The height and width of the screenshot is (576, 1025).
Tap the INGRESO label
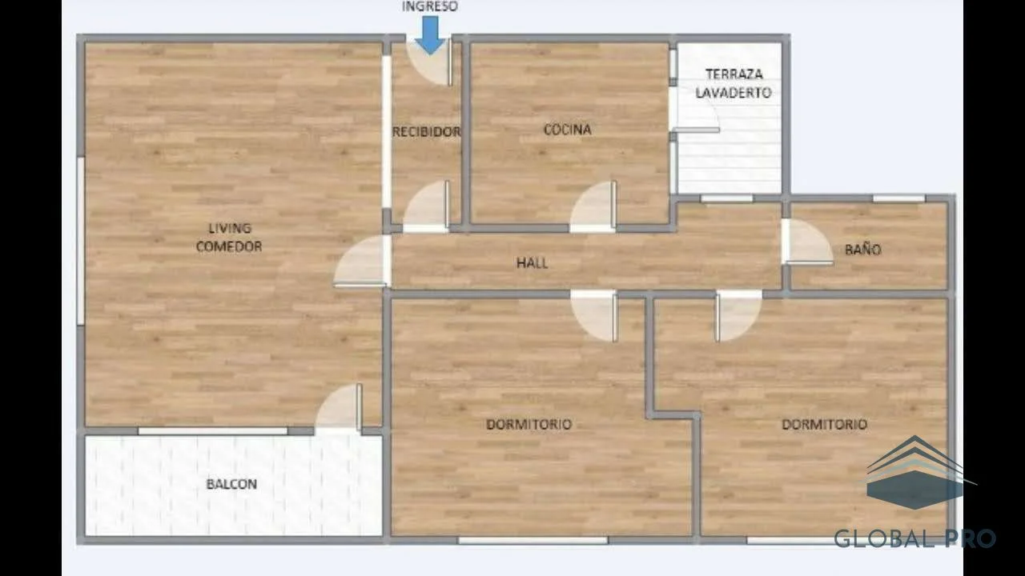pyautogui.click(x=430, y=6)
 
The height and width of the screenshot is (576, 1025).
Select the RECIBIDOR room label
pyautogui.click(x=427, y=132)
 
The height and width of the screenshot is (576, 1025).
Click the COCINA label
pyautogui.click(x=568, y=130)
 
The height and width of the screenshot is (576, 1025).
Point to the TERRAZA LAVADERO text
pyautogui.click(x=734, y=83)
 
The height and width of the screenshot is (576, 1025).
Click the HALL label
pyautogui.click(x=533, y=263)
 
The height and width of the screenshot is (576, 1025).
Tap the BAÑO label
pyautogui.click(x=862, y=249)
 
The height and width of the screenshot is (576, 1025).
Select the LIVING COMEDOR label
pyautogui.click(x=229, y=238)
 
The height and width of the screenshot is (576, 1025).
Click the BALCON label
pyautogui.click(x=231, y=484)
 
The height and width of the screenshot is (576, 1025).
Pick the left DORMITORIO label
pyautogui.click(x=529, y=424)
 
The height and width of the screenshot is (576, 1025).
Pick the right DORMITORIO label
pyautogui.click(x=825, y=424)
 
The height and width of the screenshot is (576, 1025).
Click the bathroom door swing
pyautogui.click(x=808, y=242)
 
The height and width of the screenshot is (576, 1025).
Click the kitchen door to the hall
pyautogui.click(x=593, y=206)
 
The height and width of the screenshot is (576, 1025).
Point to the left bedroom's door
pyautogui.click(x=594, y=316)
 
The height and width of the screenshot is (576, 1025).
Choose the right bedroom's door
pyautogui.click(x=739, y=316)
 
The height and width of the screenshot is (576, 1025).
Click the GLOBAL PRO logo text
pyautogui.click(x=914, y=538)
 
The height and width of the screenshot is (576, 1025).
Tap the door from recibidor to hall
pyautogui.click(x=426, y=206)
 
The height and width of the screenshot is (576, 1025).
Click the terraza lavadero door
pyautogui.click(x=694, y=110)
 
